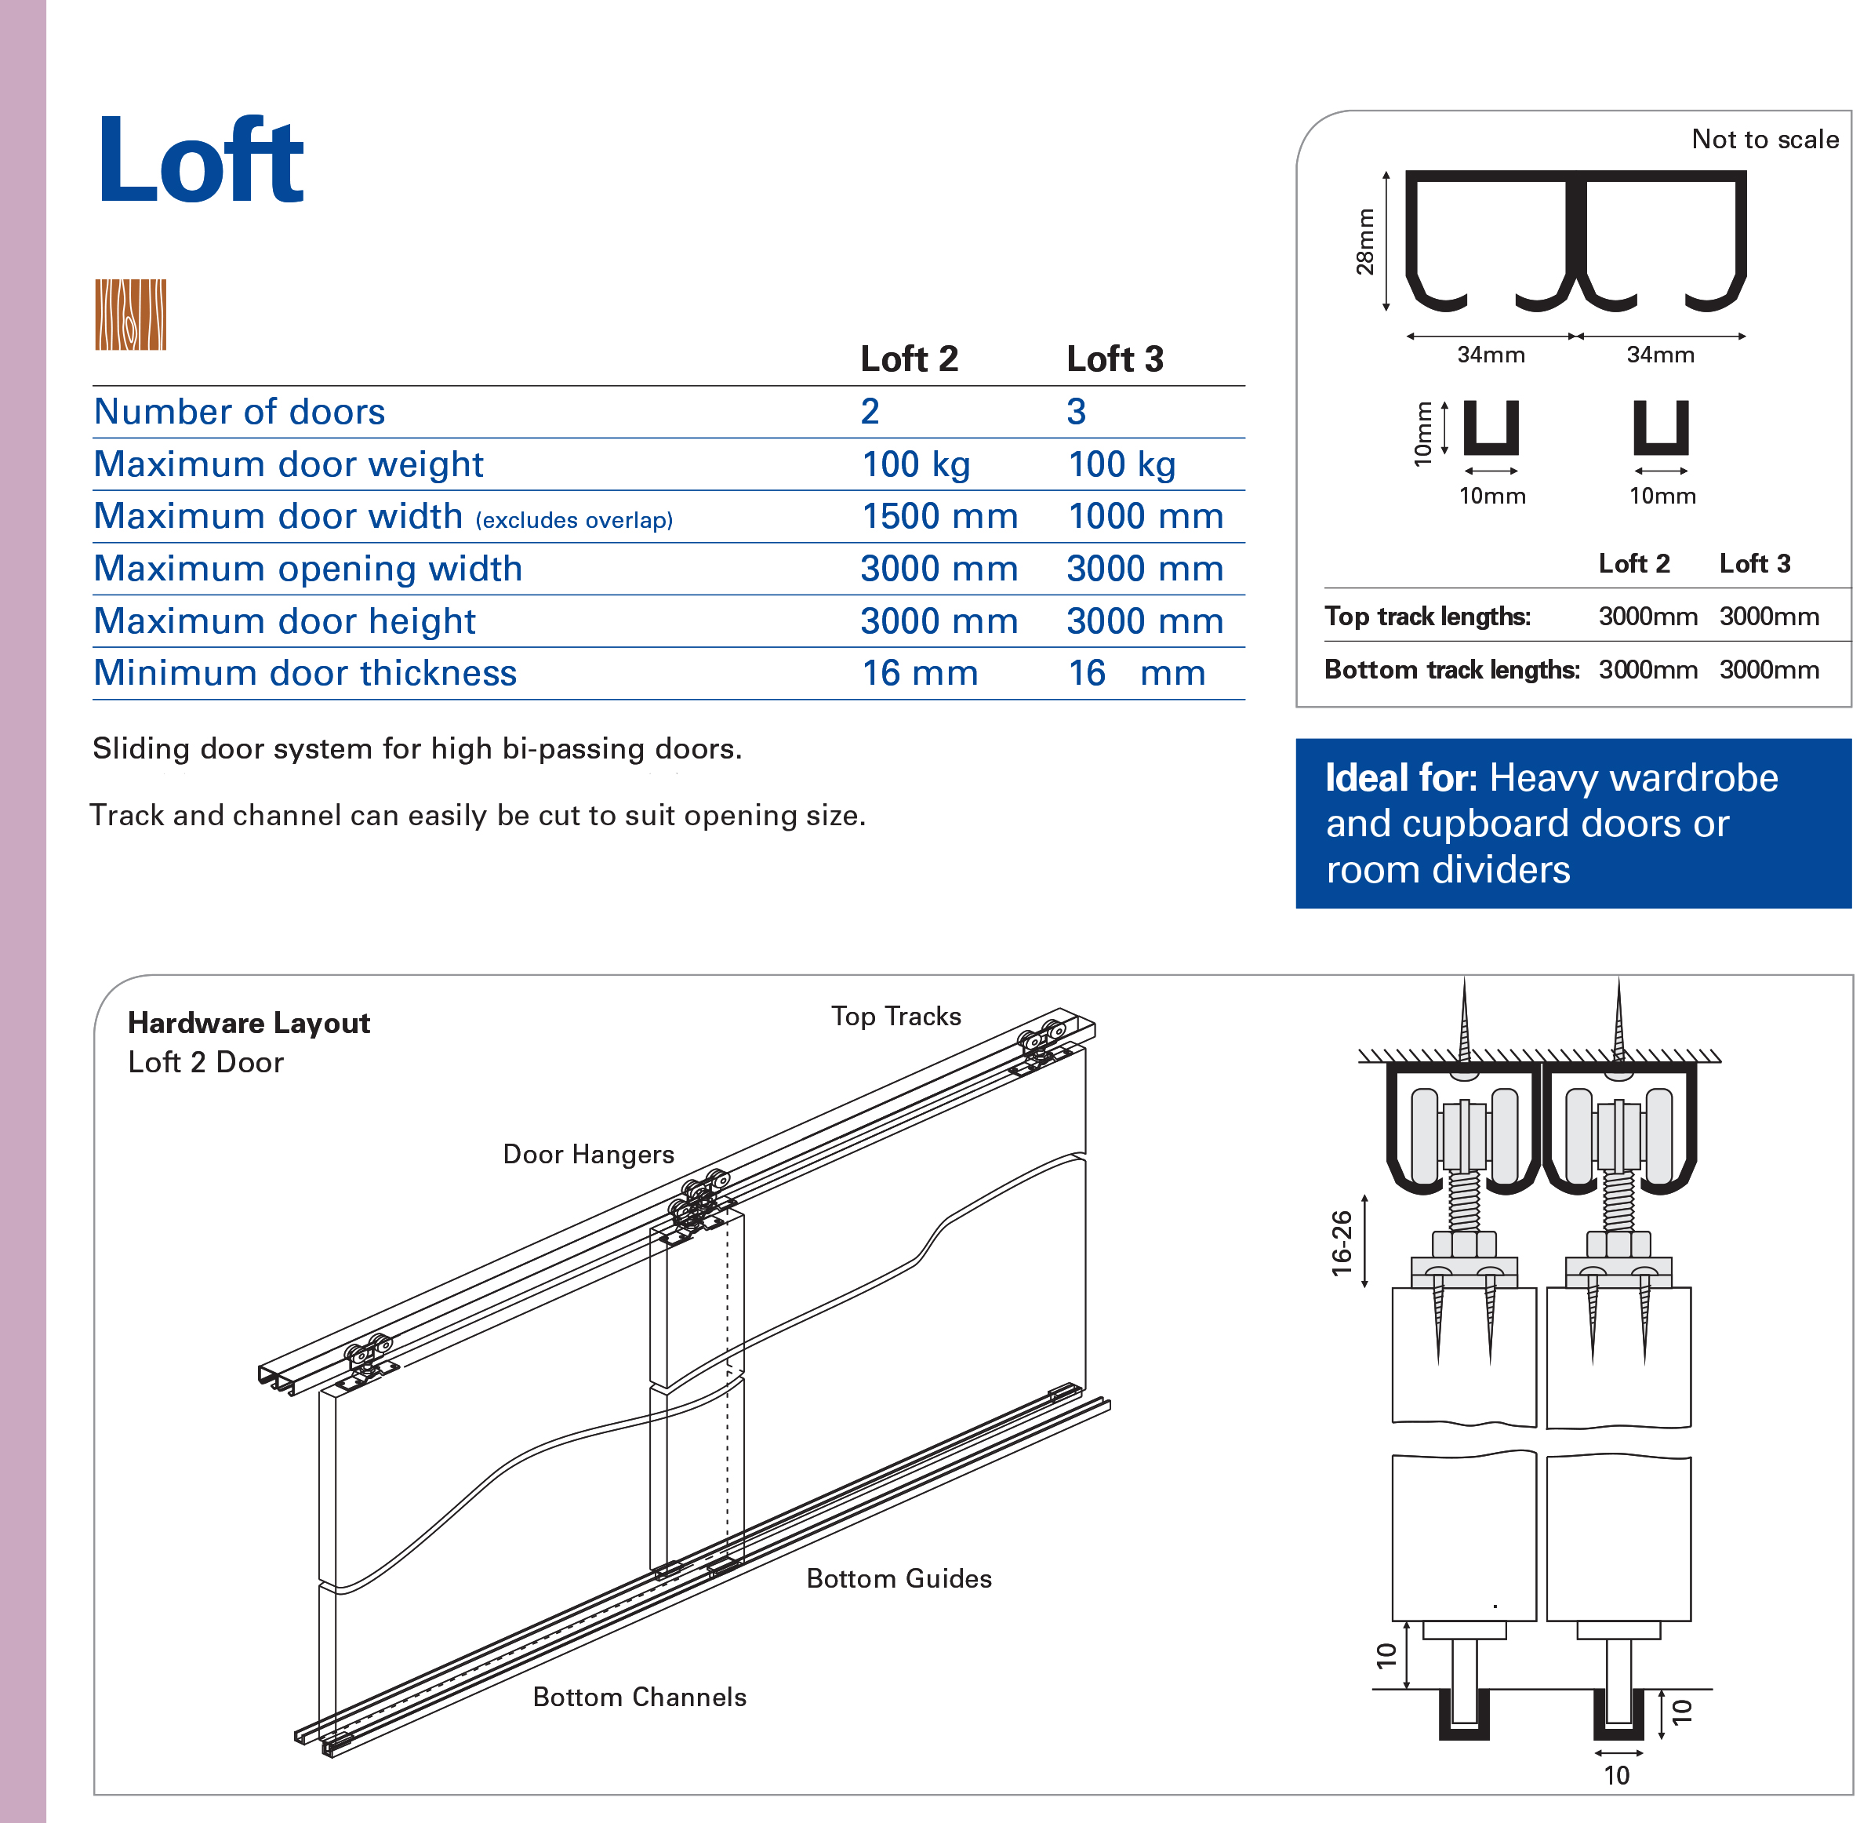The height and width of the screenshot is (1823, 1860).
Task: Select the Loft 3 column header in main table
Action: tap(1114, 359)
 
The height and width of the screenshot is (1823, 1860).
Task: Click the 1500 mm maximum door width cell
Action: tap(939, 516)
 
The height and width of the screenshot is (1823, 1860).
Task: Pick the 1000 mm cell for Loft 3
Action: tap(1145, 516)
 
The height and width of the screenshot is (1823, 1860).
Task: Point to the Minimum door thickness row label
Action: tap(304, 673)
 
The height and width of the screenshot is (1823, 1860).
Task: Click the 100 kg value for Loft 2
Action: tap(916, 464)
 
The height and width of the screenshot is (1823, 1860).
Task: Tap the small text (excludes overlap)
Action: tap(573, 520)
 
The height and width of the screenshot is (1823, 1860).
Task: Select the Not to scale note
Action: tap(1764, 140)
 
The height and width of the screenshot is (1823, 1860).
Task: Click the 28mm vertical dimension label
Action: tap(1364, 242)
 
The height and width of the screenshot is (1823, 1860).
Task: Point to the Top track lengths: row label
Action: tap(1426, 616)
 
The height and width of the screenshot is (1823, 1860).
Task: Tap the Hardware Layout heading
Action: tap(249, 1023)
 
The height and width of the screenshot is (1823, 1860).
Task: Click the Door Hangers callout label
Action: tap(588, 1154)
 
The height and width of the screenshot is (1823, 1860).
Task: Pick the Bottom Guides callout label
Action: tap(898, 1578)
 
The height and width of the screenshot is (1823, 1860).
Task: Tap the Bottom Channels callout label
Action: tap(638, 1697)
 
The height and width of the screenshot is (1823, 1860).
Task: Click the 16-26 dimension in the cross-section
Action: tap(1341, 1243)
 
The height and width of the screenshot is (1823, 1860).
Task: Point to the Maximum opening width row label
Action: tap(307, 569)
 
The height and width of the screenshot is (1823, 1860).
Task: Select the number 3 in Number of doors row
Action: tap(1076, 412)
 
